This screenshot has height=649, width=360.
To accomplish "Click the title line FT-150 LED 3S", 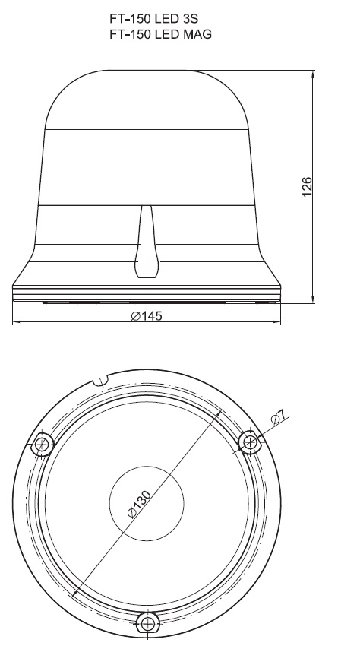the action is [153, 19].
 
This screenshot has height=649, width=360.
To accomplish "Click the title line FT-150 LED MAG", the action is [160, 34].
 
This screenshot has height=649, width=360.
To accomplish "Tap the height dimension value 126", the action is [307, 187].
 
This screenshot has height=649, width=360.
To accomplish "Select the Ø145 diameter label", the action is [147, 316].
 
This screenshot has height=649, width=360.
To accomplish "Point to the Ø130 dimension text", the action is [139, 503].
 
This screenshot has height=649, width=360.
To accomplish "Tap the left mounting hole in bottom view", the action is [43, 444].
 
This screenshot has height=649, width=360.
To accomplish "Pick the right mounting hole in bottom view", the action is [250, 442].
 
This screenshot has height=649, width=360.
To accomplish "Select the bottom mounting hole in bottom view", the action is [148, 623].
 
